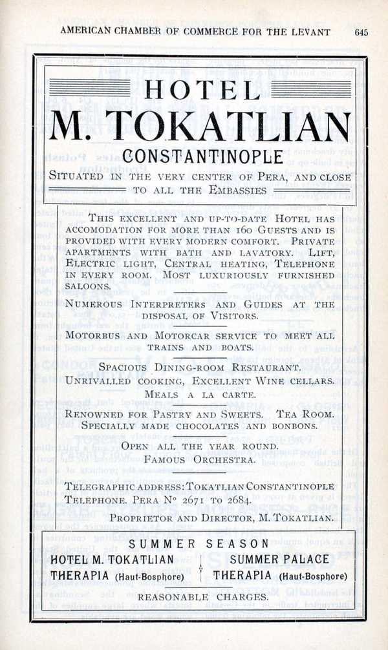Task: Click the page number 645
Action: point(361,32)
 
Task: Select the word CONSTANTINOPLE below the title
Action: point(202,157)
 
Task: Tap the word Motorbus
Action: point(93,337)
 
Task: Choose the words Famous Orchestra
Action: point(191,459)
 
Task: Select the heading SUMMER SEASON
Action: point(198,543)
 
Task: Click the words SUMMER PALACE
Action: point(279,560)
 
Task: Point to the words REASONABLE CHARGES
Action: point(202,597)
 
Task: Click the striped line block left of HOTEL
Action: point(90,87)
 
